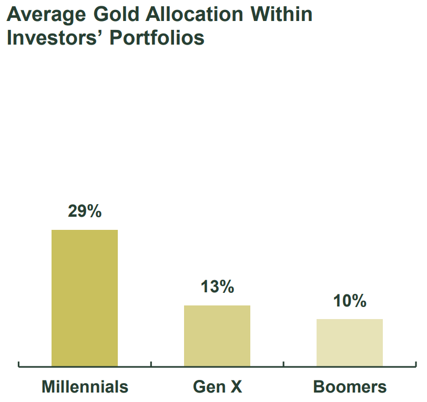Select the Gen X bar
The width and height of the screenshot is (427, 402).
(x=217, y=335)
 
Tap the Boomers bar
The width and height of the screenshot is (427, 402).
(x=350, y=342)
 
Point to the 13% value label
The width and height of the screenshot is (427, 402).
(x=217, y=287)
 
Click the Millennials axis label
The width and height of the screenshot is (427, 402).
(x=85, y=387)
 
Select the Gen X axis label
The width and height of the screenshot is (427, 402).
(x=217, y=387)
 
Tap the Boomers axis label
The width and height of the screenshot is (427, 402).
(x=350, y=387)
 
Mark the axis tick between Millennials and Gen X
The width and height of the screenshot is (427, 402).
(x=151, y=364)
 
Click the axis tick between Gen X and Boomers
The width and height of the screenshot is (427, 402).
(x=283, y=364)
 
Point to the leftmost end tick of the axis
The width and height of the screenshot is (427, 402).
(x=18, y=364)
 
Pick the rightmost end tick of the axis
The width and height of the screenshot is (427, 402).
(x=415, y=364)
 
